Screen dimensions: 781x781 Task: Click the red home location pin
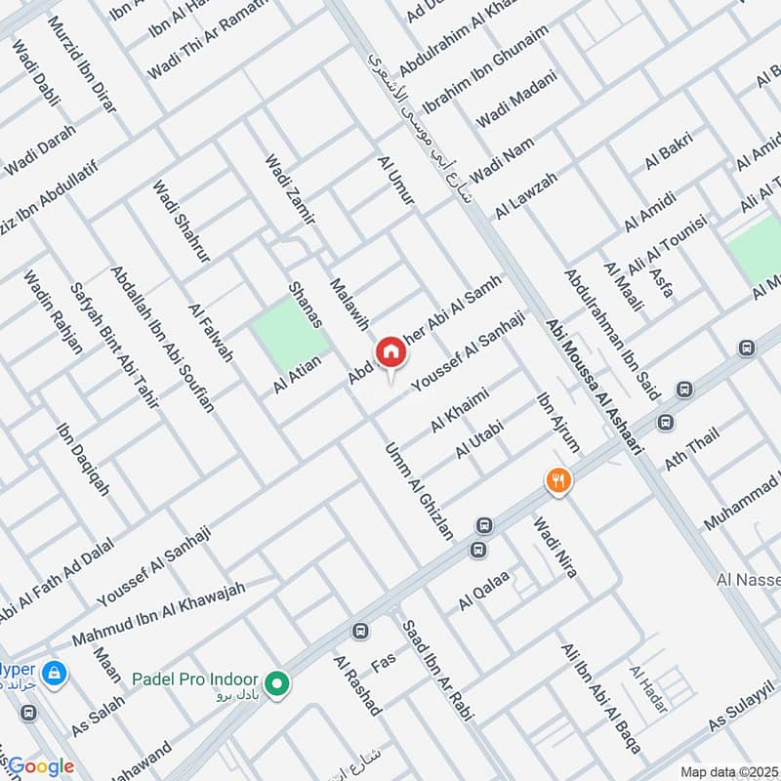point(390,351)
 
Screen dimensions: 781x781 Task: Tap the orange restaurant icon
point(557,480)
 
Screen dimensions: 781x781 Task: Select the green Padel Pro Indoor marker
point(278,683)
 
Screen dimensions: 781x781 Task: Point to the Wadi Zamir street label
point(289,190)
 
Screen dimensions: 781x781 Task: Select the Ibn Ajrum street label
point(557,423)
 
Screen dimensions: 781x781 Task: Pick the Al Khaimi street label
point(459,410)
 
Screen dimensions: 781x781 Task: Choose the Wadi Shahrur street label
point(182,221)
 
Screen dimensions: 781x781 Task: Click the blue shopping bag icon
point(55,673)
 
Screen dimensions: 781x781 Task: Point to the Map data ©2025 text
point(726,771)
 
